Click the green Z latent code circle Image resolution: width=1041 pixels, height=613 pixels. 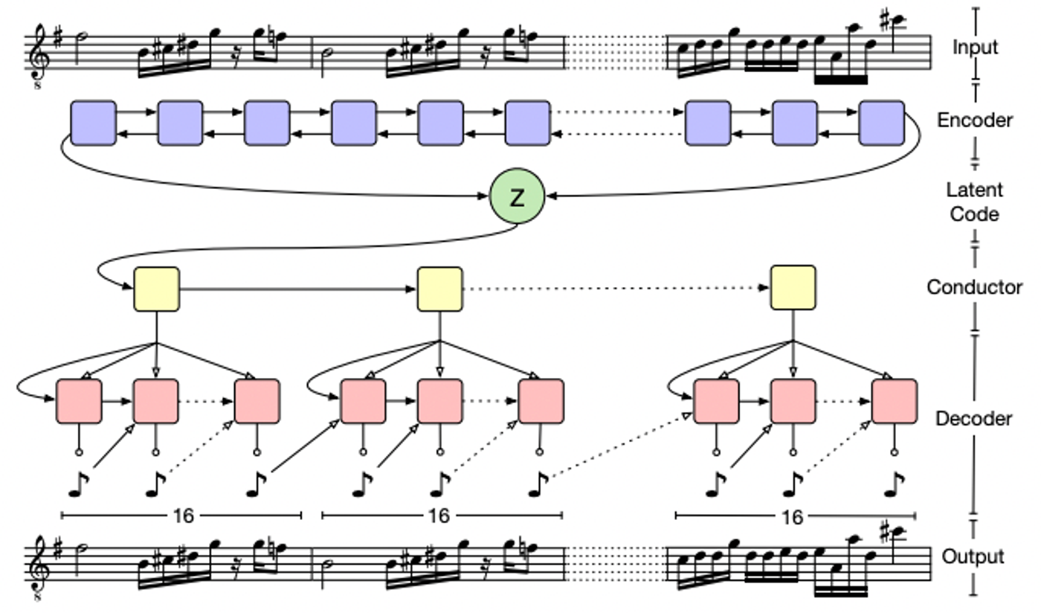tap(518, 196)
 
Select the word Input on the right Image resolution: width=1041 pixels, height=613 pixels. tap(975, 47)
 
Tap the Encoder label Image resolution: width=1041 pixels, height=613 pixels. tap(975, 121)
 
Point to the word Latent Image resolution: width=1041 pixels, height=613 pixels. tap(975, 190)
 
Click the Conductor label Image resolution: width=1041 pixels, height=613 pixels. tap(975, 287)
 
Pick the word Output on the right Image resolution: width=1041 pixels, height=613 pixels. tap(973, 556)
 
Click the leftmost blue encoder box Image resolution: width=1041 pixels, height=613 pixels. tap(94, 123)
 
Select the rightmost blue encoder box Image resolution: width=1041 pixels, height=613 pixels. tap(882, 123)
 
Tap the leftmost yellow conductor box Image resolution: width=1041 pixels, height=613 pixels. tap(157, 289)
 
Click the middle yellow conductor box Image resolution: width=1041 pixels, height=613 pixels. tap(439, 289)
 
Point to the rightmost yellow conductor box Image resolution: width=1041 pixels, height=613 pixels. tap(793, 288)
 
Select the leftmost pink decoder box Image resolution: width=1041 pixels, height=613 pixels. tap(79, 402)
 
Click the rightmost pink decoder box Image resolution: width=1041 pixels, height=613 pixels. tap(895, 402)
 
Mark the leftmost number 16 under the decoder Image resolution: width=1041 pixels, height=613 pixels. tap(183, 516)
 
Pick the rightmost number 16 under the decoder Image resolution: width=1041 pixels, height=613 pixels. tap(793, 517)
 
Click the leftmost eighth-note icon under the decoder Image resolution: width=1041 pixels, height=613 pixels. tap(78, 484)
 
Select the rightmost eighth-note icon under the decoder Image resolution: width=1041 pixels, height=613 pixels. tap(893, 484)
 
